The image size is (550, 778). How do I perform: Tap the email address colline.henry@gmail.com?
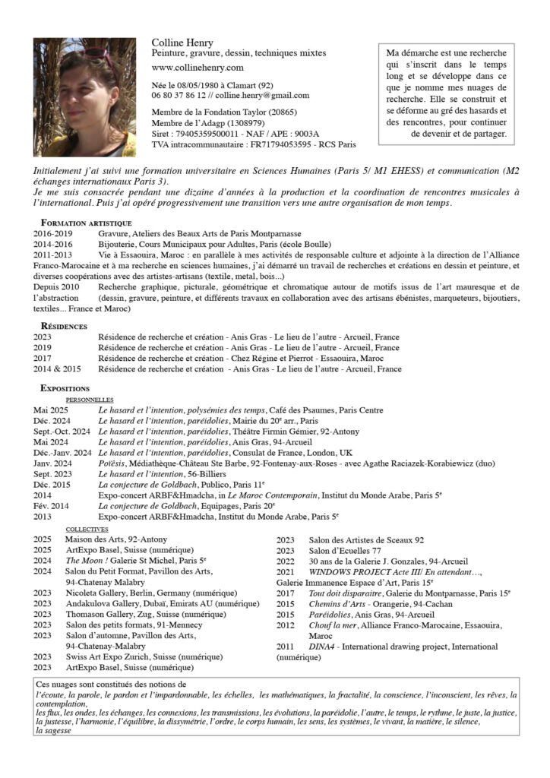click(262, 96)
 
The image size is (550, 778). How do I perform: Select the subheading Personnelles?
click(90, 399)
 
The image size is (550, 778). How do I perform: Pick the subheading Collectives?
click(87, 529)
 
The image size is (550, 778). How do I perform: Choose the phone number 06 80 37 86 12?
click(178, 96)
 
